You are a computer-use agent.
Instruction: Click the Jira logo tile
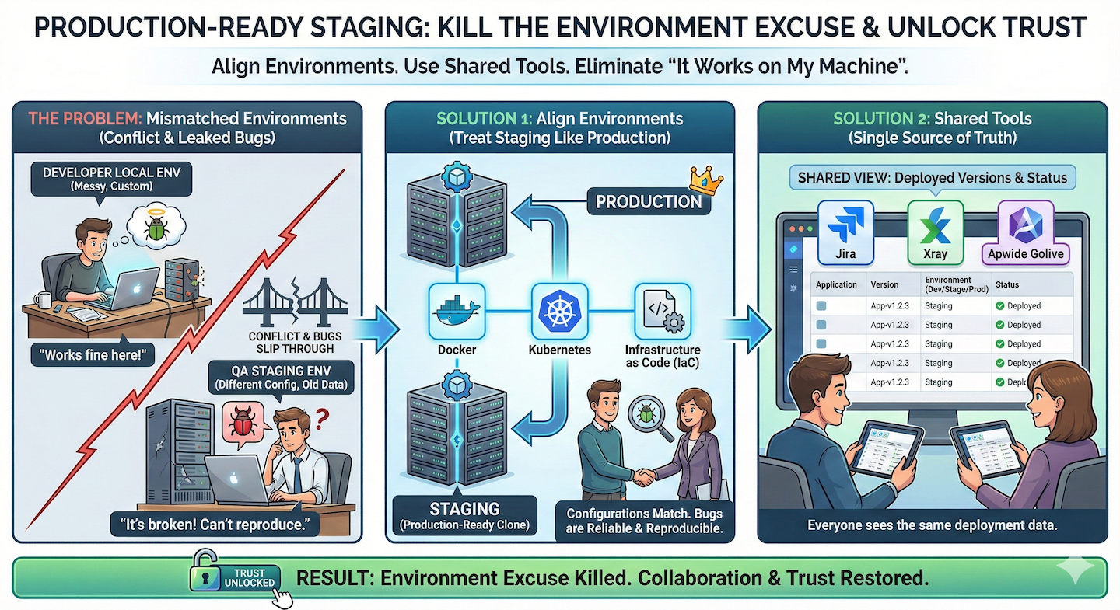tap(845, 230)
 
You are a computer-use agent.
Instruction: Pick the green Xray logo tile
tap(936, 230)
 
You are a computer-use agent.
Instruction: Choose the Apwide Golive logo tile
tap(1024, 232)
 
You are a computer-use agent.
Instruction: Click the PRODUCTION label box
tap(649, 202)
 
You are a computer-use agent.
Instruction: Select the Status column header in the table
tap(1007, 284)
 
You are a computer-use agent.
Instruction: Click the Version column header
tap(884, 284)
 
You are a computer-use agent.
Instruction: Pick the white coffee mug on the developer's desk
tap(43, 299)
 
